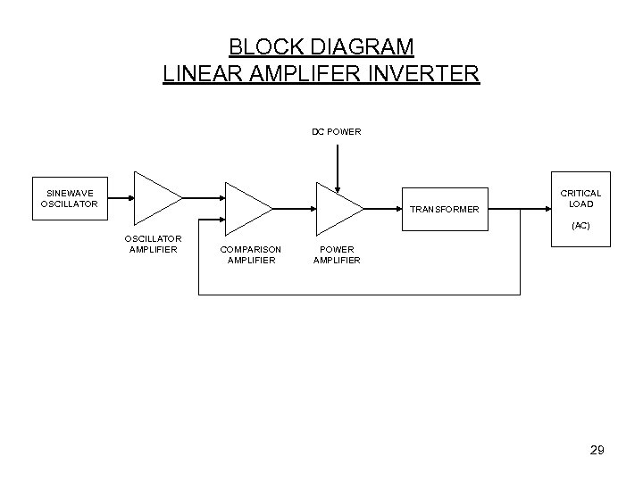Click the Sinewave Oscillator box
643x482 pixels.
coord(69,197)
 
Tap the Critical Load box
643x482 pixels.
coord(580,205)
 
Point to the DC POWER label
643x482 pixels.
coord(337,132)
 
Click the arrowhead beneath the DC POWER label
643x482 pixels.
coord(337,187)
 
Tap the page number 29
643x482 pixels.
coord(597,451)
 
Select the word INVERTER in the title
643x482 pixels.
coord(424,72)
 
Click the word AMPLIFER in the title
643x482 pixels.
coord(305,72)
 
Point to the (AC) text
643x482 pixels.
coord(580,226)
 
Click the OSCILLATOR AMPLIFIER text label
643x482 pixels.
coord(154,244)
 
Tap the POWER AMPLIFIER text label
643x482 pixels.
coord(337,254)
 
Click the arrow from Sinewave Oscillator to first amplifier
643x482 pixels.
coord(115,197)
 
